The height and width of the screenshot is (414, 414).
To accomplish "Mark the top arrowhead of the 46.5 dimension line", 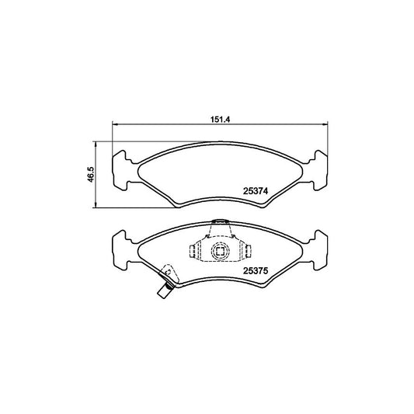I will pos(96,144).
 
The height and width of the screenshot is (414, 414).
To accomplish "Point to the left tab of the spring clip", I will pos(194,250).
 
